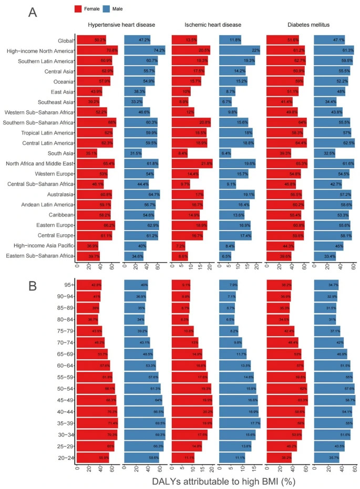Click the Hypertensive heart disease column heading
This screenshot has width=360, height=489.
click(x=121, y=25)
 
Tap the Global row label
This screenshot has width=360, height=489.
click(x=65, y=40)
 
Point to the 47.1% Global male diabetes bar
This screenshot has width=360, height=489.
click(x=329, y=40)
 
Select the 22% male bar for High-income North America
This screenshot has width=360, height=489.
click(x=239, y=50)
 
